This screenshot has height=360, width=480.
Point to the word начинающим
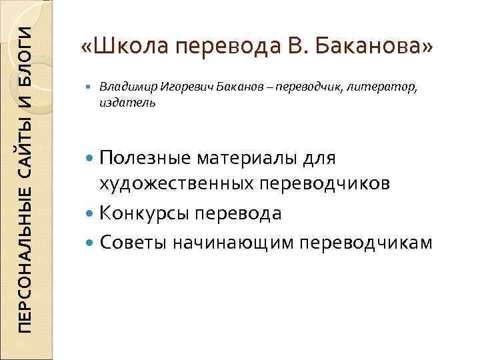tap(232, 243)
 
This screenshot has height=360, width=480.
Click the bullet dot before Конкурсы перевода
tap(91, 214)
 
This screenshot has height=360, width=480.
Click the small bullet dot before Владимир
tap(91, 87)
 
